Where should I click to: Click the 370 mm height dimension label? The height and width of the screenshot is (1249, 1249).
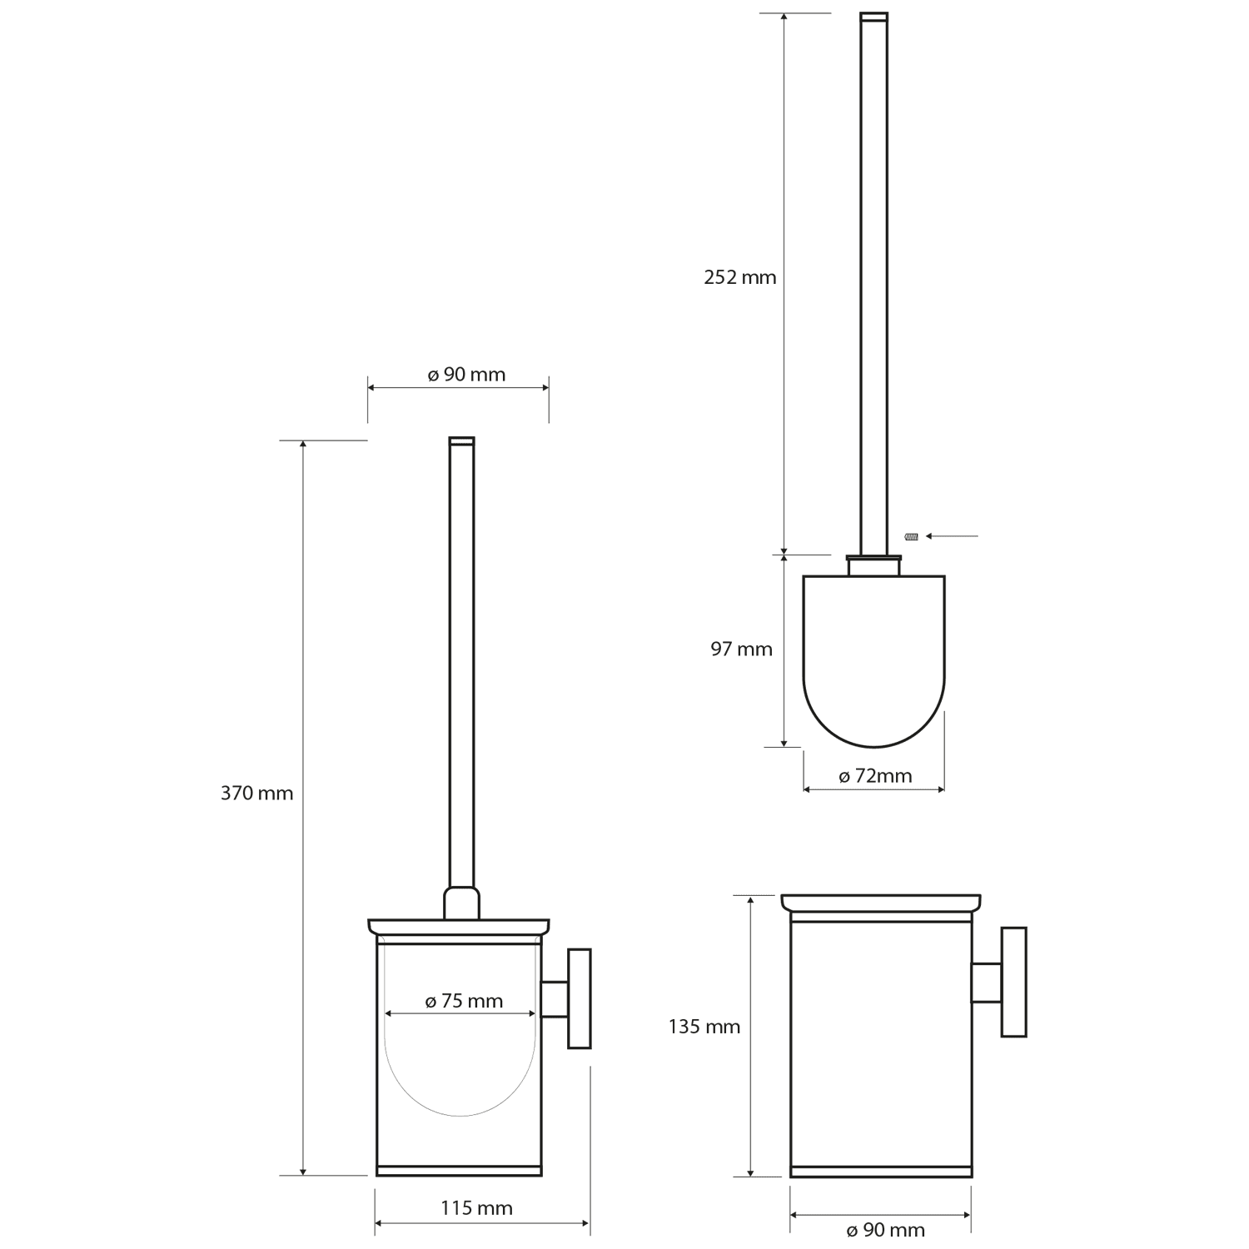point(256,794)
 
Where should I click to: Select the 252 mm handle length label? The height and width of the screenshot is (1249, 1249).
point(739,277)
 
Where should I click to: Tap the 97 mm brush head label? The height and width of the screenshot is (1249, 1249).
point(741,649)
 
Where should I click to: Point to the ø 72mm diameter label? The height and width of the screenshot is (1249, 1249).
point(874,776)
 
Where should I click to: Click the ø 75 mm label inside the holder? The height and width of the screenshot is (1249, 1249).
point(464,1001)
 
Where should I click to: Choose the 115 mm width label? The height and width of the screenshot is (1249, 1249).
point(476,1208)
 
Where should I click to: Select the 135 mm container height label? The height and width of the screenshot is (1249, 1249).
point(704,1027)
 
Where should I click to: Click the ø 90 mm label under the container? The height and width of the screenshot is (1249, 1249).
point(885,1230)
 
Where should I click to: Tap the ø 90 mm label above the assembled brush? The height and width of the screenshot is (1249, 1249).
point(466,375)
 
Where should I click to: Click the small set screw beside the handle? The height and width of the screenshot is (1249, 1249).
point(911,536)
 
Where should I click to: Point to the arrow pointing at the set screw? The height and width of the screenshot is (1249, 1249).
point(952,536)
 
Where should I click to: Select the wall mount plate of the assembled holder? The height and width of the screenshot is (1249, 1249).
point(579,998)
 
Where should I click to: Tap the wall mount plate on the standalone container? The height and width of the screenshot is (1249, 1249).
point(1013,982)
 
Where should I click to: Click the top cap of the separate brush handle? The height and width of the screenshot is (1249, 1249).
point(873,16)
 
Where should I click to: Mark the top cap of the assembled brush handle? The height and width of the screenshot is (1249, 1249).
point(461,440)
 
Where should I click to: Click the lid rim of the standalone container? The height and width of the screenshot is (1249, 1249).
point(880,903)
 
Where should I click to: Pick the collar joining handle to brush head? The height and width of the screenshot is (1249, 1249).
point(873,565)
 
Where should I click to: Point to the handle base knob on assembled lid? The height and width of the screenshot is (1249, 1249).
point(461,903)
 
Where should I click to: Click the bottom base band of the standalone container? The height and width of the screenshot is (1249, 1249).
point(880,1172)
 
